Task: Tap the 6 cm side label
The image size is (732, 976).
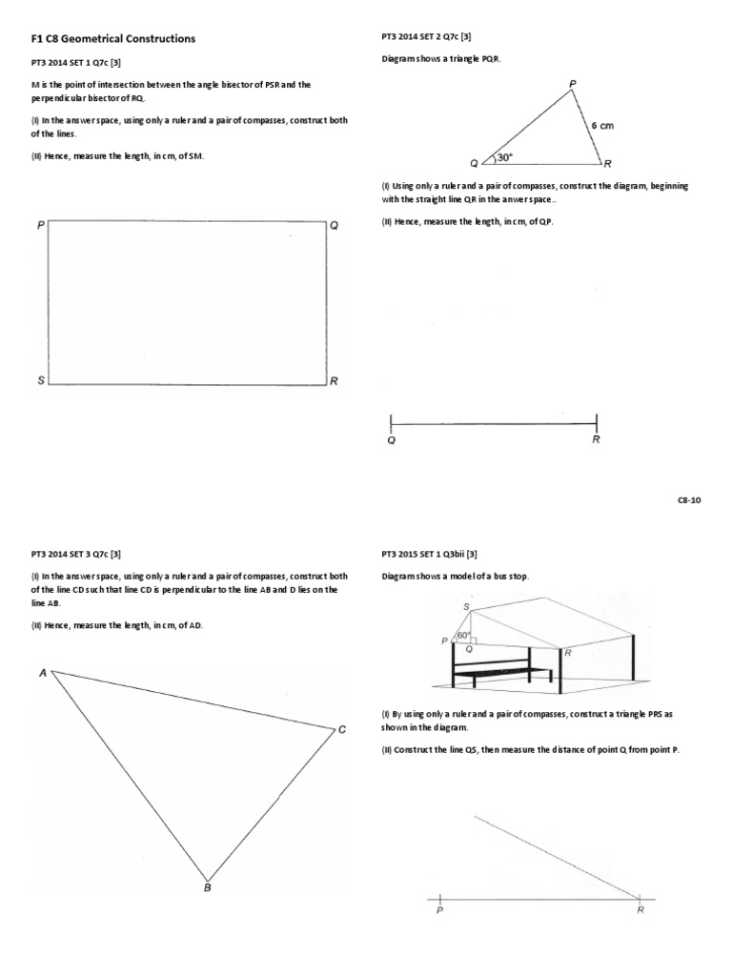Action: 602,125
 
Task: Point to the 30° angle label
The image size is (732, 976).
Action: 503,158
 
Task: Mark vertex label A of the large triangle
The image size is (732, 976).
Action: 43,673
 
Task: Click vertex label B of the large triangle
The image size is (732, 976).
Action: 207,887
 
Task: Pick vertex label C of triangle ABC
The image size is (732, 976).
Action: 341,730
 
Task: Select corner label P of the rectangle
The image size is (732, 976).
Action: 41,226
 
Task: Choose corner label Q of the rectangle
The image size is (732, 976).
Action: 334,226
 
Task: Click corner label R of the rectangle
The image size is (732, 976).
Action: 334,381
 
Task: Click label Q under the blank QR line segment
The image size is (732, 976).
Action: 392,440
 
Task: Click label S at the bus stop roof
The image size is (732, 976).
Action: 466,606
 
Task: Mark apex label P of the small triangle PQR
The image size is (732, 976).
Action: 573,85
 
